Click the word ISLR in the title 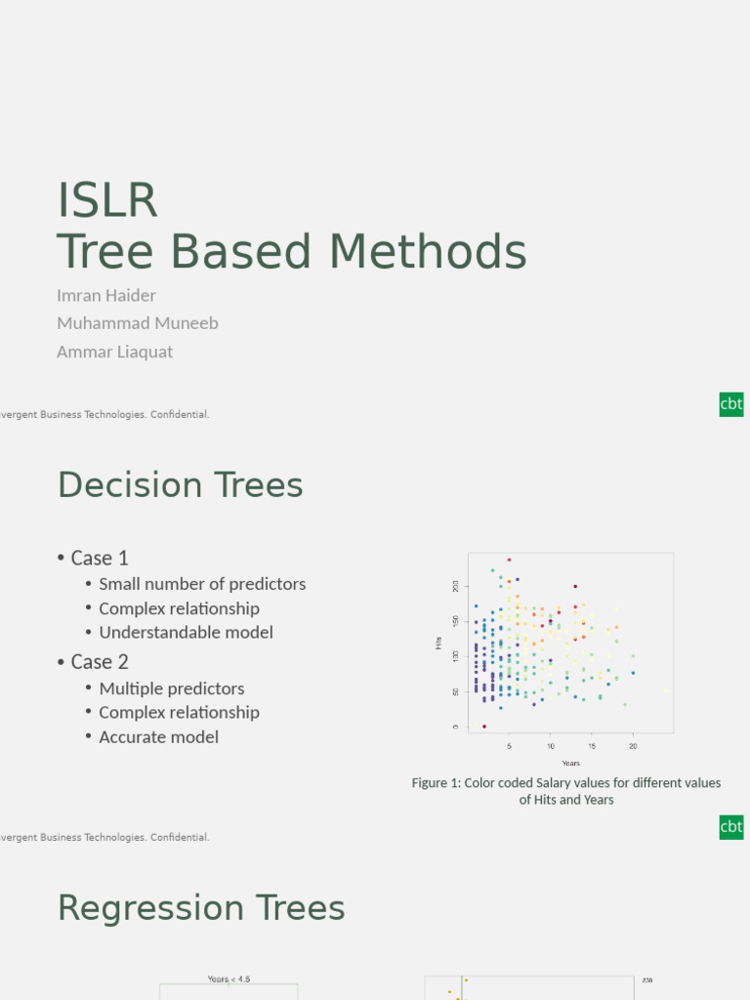click(107, 200)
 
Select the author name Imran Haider click(106, 295)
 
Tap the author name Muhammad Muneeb click(138, 323)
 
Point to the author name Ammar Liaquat click(115, 352)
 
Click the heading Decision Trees click(181, 485)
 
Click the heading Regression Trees click(201, 908)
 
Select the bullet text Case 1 click(100, 558)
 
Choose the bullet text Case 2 click(100, 662)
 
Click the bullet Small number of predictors click(202, 584)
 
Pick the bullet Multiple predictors click(172, 688)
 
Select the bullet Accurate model click(158, 737)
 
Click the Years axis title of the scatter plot click(571, 763)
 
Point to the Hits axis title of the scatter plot click(438, 643)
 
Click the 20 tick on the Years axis click(633, 746)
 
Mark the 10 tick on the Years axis click(550, 746)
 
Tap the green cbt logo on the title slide click(731, 404)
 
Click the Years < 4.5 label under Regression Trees click(229, 979)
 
